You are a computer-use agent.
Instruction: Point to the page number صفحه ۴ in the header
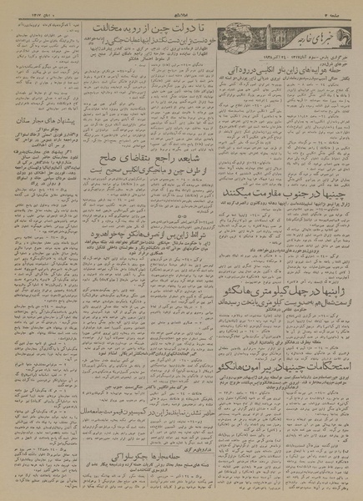(338, 14)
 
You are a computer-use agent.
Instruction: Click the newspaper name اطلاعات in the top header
(180, 14)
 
